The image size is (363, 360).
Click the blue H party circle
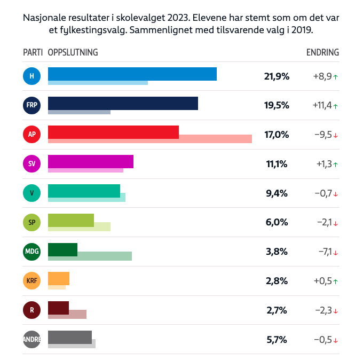tap(32, 76)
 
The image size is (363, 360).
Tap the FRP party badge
tap(32, 106)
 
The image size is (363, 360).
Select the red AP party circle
tap(32, 135)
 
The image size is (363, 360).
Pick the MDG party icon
tap(32, 252)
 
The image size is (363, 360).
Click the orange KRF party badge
tap(32, 281)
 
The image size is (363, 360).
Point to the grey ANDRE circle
tap(32, 339)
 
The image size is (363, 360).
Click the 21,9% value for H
tap(277, 76)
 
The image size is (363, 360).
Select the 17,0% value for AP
tap(277, 135)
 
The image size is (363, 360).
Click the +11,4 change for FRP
tap(322, 106)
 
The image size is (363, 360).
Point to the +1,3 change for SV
tap(323, 164)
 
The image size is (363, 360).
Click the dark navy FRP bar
tap(123, 103)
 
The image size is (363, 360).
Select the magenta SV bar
tap(91, 161)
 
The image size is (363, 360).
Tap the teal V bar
tap(84, 191)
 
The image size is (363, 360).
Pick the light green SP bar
tap(71, 220)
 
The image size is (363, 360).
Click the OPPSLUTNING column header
tap(73, 52)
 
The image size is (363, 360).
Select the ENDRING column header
tap(322, 52)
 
